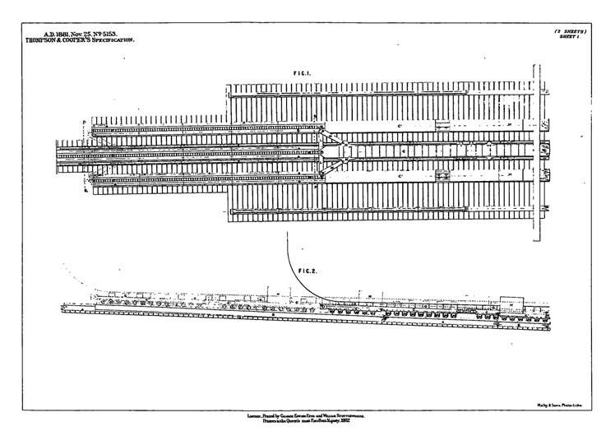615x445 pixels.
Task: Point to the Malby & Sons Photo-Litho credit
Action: tap(562, 403)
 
